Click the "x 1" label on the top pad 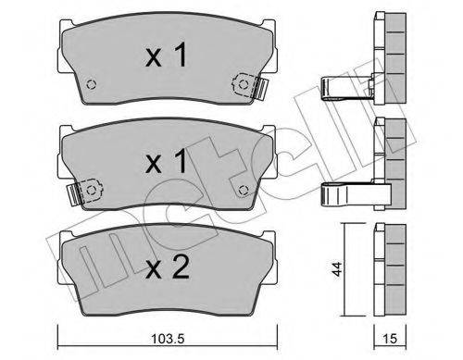point(167,57)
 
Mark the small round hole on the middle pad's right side point(243,190)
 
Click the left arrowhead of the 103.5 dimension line point(61,329)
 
